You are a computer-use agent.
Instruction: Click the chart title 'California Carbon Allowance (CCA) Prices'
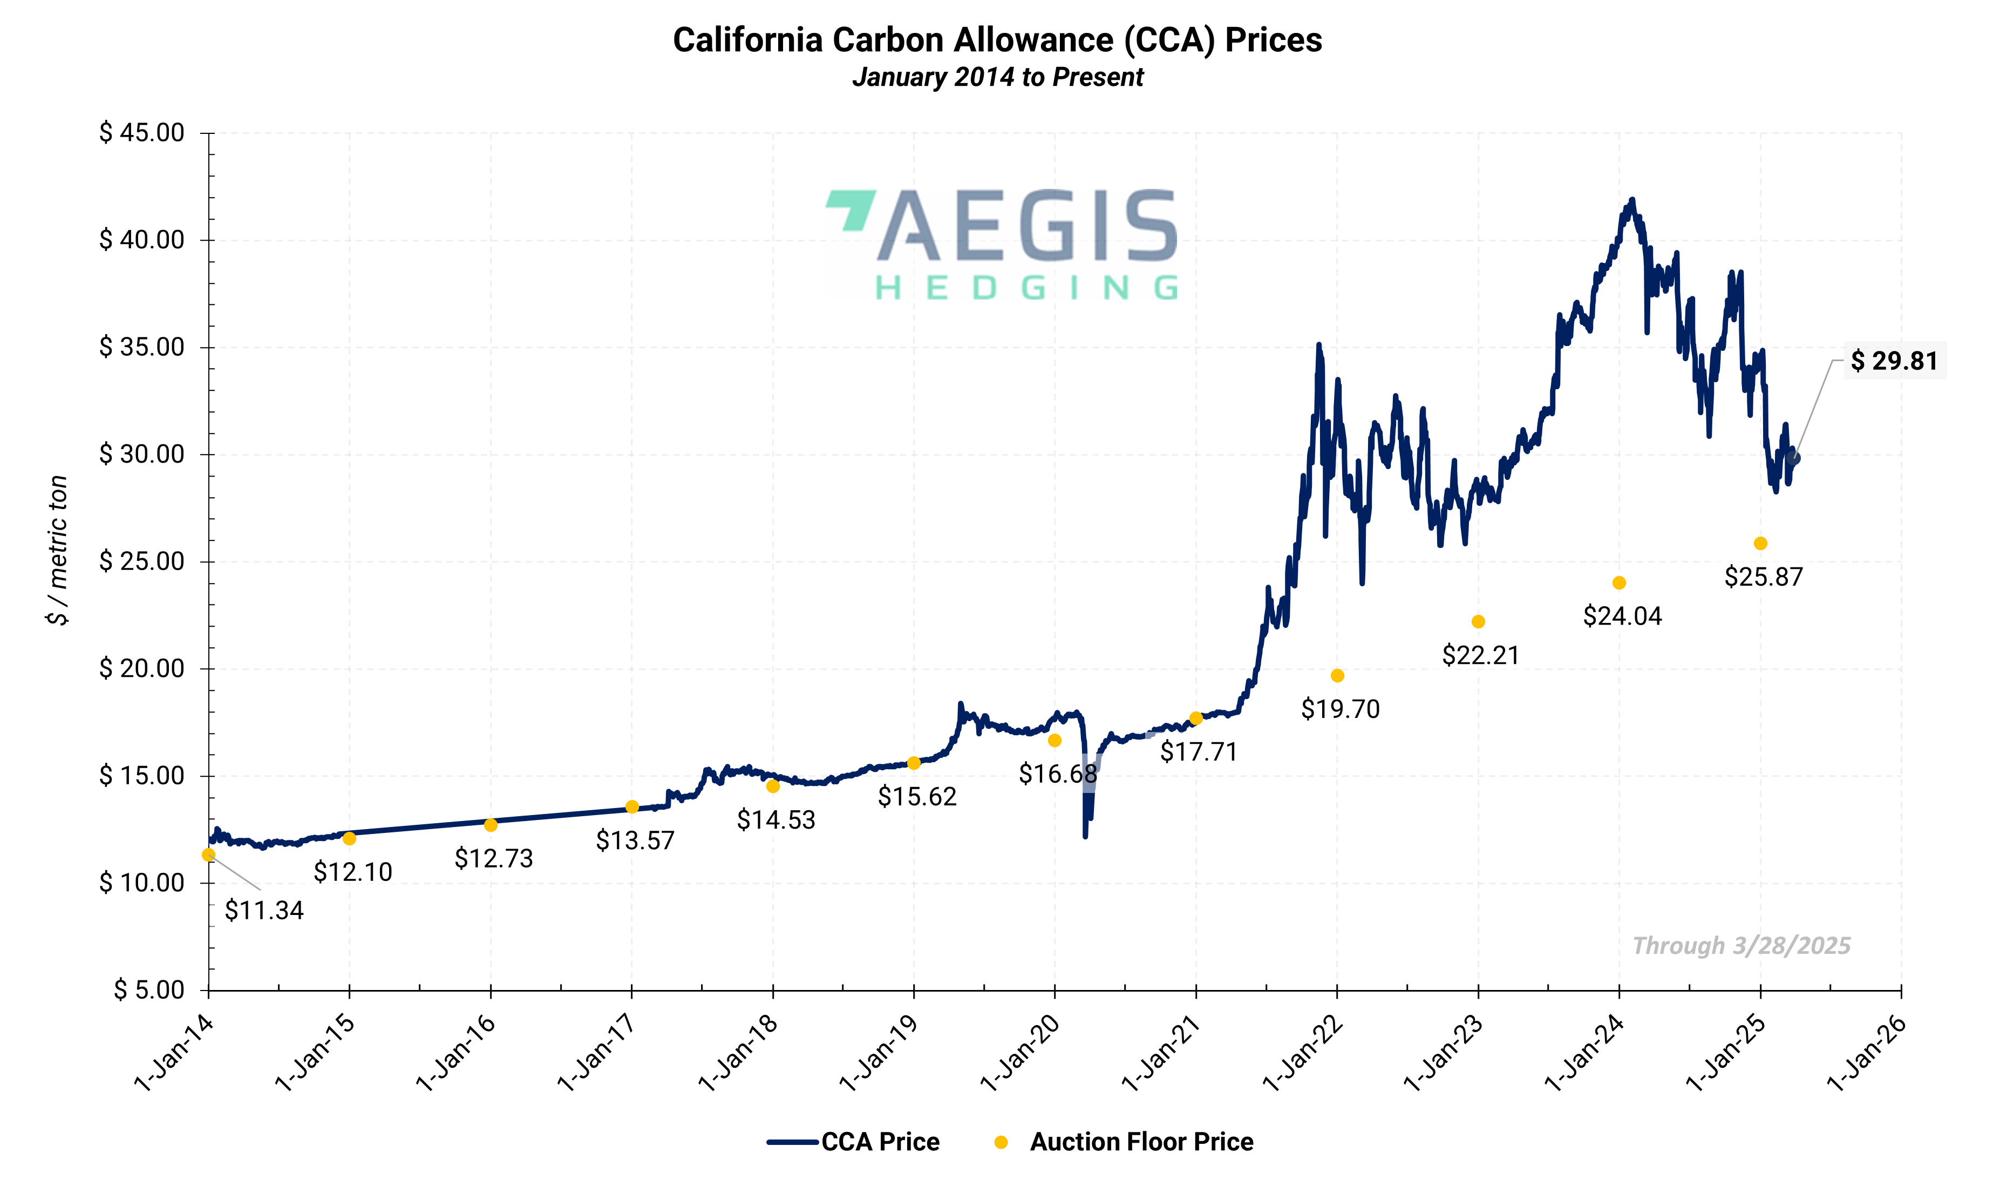997,40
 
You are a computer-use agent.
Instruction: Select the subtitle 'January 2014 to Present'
997,78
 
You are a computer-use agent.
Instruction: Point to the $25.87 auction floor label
1763,577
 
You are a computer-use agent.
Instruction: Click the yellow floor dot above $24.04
1618,583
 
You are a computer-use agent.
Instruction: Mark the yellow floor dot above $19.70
1337,675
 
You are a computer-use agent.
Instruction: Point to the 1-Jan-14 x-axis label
175,1053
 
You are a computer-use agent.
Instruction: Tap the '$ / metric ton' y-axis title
58,550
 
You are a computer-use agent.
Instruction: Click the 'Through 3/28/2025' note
1741,946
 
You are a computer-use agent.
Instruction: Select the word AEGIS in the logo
1027,226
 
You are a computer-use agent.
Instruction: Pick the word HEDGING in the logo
1027,288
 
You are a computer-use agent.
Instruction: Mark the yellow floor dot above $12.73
491,824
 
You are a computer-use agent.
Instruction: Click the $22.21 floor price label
1480,655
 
